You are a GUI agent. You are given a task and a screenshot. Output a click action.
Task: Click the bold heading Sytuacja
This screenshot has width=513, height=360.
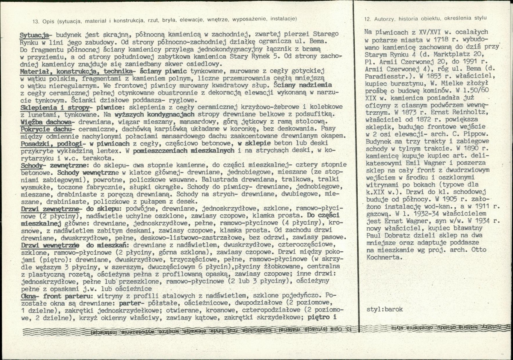[35, 34]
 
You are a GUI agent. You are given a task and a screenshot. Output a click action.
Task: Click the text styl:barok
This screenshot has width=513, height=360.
[385, 309]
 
